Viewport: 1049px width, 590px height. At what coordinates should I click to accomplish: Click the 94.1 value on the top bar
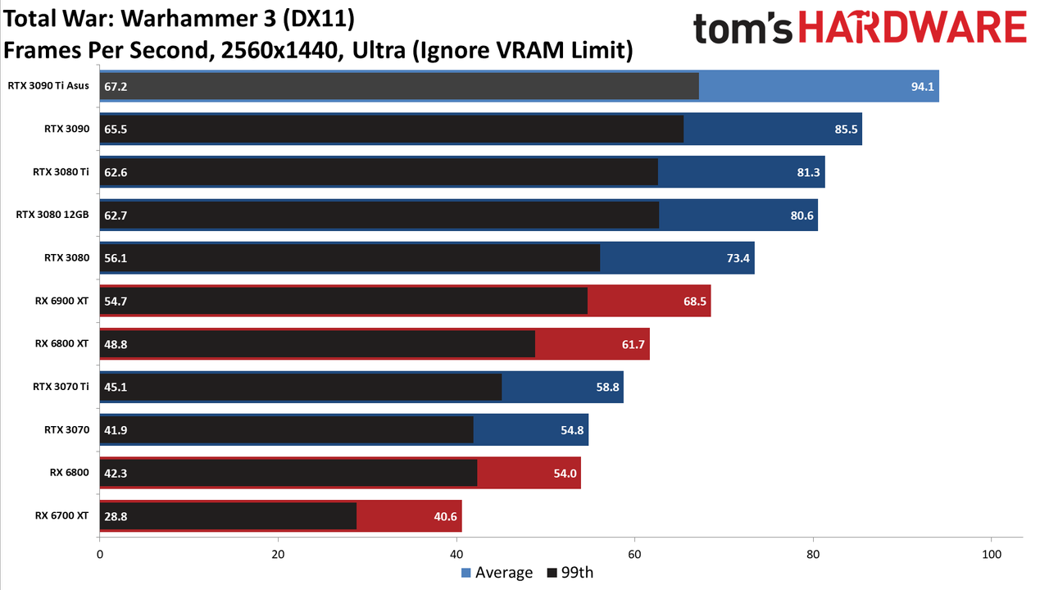pyautogui.click(x=922, y=87)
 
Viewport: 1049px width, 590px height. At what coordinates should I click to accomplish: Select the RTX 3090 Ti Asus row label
pyautogui.click(x=48, y=86)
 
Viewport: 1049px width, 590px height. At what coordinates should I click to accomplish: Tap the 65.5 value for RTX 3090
pyautogui.click(x=116, y=129)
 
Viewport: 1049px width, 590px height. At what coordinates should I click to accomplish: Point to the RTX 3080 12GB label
pyautogui.click(x=52, y=215)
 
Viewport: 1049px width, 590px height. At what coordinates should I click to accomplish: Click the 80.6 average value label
pyautogui.click(x=802, y=216)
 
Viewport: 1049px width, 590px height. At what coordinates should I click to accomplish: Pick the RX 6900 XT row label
pyautogui.click(x=61, y=301)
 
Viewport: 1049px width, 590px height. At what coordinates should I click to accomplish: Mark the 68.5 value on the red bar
pyautogui.click(x=694, y=301)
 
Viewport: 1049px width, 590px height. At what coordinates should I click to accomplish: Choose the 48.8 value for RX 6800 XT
pyautogui.click(x=116, y=344)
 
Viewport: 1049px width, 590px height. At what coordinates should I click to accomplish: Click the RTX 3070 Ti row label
pyautogui.click(x=61, y=386)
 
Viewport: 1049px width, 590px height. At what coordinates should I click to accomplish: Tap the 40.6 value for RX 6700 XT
pyautogui.click(x=445, y=516)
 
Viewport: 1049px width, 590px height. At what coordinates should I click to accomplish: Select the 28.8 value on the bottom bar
pyautogui.click(x=116, y=516)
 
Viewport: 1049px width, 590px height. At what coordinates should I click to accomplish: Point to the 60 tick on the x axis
pyautogui.click(x=634, y=555)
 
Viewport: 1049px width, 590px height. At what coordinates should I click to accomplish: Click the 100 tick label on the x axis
pyautogui.click(x=992, y=555)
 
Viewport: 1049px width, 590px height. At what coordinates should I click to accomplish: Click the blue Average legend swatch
pyautogui.click(x=466, y=573)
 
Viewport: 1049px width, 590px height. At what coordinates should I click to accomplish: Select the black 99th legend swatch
pyautogui.click(x=552, y=573)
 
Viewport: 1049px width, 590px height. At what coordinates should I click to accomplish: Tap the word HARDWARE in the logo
pyautogui.click(x=913, y=28)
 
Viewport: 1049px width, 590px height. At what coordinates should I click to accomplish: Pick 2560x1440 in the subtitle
pyautogui.click(x=279, y=51)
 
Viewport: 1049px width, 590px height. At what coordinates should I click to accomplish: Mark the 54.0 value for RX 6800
pyautogui.click(x=565, y=474)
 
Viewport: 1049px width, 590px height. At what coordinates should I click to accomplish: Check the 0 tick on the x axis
pyautogui.click(x=100, y=555)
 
